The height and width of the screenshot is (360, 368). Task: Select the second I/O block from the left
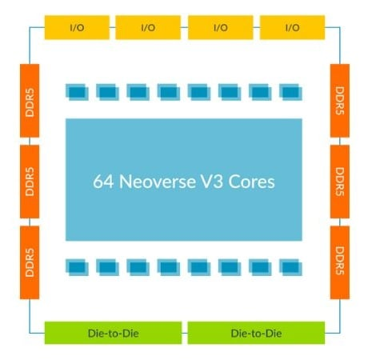pyautogui.click(x=148, y=27)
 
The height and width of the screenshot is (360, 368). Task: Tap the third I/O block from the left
pyautogui.click(x=220, y=27)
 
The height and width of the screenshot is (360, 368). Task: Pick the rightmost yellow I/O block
pyautogui.click(x=292, y=27)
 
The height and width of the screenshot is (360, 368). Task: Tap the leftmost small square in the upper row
pyautogui.click(x=77, y=92)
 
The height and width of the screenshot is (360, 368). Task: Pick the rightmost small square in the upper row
pyautogui.click(x=290, y=92)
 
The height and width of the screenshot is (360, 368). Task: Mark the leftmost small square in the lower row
pyautogui.click(x=77, y=266)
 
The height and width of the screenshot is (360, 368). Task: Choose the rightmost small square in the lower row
pyautogui.click(x=290, y=266)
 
